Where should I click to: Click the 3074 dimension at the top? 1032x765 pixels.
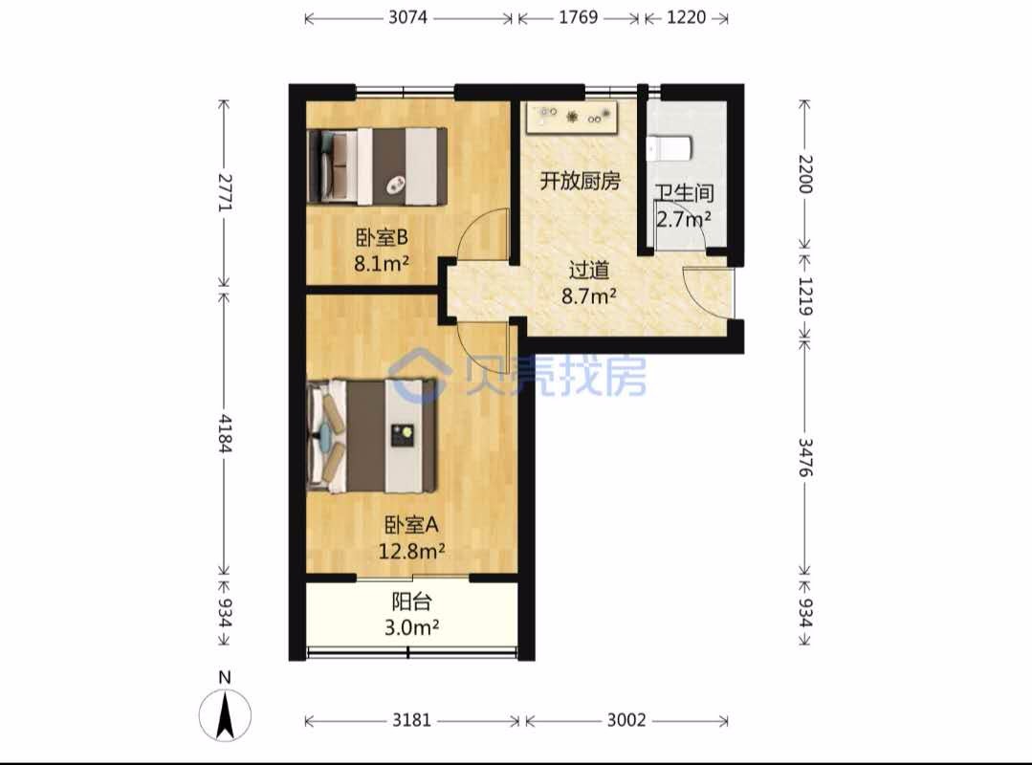coord(407,17)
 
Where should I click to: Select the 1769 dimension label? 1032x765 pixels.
coord(579,17)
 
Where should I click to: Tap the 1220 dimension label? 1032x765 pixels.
coord(687,17)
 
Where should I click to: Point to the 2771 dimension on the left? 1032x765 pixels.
coord(225,192)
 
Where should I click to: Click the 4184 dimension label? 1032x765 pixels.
coord(225,433)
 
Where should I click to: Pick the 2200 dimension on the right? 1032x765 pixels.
coord(805,174)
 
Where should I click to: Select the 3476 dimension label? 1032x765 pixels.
coord(805,457)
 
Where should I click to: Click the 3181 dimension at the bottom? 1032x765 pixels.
coord(412,720)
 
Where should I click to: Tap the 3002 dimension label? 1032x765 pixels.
coord(626,720)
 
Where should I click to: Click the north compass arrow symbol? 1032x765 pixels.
coord(225,715)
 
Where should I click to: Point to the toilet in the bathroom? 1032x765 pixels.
coord(668,148)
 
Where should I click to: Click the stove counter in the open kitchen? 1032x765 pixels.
coord(571,118)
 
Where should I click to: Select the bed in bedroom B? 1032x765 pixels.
coord(377,166)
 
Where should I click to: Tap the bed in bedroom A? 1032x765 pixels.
coord(372,435)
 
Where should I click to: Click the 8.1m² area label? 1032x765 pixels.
coord(382,264)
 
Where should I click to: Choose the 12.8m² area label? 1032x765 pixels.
coord(411,551)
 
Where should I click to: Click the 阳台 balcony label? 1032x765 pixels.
coord(411,601)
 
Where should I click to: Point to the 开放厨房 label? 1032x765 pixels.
coord(580,180)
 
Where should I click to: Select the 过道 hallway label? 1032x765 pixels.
coord(588,270)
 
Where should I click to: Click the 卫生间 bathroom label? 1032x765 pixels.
coord(684,193)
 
